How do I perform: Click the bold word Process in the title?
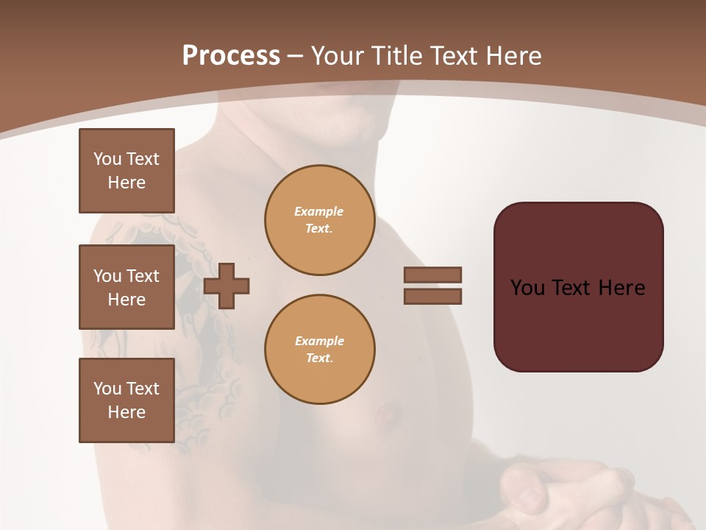pos(231,56)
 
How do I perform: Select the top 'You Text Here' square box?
pos(126,171)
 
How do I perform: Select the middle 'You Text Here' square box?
pos(126,287)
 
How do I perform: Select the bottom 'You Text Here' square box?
pos(126,400)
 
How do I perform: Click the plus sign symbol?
pos(227,286)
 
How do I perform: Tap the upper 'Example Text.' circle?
pos(320,220)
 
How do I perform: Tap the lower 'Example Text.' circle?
pos(320,350)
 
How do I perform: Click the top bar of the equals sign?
pos(433,275)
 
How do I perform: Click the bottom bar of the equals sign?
pos(433,297)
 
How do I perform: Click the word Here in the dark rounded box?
pos(621,288)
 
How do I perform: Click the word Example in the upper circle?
pos(319,211)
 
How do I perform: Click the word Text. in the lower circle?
pos(320,358)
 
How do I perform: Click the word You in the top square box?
pos(107,159)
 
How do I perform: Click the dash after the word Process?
pos(295,56)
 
